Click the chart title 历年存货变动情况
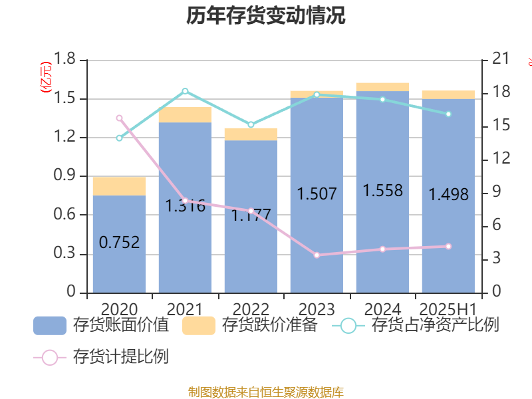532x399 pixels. point(266,17)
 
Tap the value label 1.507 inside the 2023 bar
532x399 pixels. point(317,194)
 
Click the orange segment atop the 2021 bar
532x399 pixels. point(185,114)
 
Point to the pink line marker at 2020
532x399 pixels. point(120,118)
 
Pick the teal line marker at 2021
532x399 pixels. point(185,91)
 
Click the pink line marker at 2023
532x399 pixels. point(317,255)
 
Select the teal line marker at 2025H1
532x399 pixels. point(448,114)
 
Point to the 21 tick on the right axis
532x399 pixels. point(500,60)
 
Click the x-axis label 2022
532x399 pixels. point(251,309)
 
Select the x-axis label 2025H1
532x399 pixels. point(448,309)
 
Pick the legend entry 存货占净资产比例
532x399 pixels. point(419,326)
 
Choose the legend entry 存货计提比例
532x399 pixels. point(103,357)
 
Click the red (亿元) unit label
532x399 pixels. point(45,78)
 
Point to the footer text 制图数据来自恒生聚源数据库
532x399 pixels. point(266,392)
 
